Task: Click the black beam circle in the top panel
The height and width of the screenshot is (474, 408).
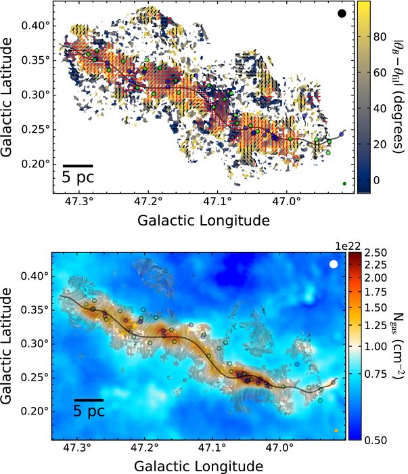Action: tap(342, 14)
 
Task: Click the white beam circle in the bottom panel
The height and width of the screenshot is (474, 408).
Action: tap(334, 265)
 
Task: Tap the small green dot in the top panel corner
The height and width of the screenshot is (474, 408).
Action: tap(344, 184)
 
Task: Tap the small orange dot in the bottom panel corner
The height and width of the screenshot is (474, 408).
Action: tap(336, 430)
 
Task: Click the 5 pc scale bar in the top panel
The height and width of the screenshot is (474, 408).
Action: tap(78, 165)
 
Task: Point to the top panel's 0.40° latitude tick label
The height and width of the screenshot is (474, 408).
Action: tap(38, 26)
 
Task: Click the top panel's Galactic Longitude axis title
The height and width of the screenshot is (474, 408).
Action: tap(203, 221)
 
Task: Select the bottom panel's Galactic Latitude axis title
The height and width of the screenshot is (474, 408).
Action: tap(9, 347)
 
